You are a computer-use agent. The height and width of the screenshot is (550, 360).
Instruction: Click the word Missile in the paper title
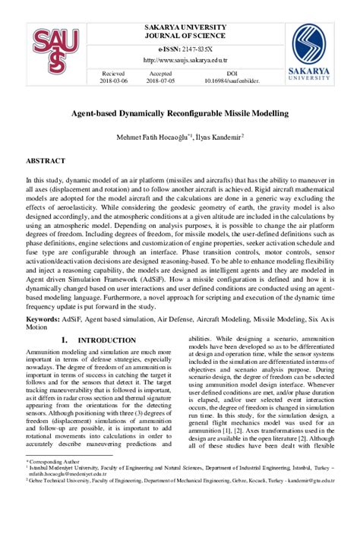237,113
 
